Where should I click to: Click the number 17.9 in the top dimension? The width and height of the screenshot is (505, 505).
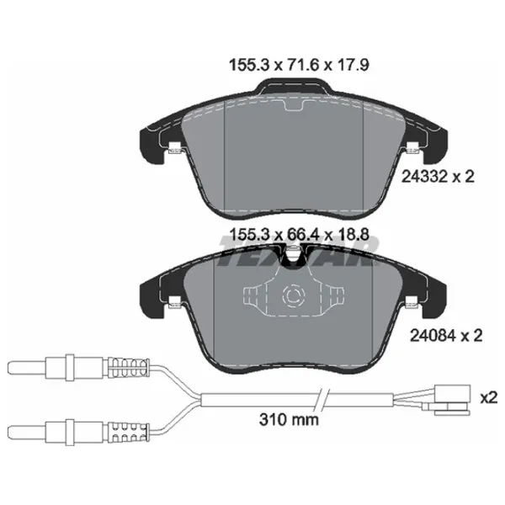click(353, 65)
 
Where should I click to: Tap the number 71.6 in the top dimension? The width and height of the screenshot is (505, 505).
click(302, 65)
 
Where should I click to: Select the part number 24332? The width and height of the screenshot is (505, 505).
click(425, 177)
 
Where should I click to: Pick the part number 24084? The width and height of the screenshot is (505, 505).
click(433, 336)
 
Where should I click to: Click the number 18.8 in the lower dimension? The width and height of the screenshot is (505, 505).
click(353, 235)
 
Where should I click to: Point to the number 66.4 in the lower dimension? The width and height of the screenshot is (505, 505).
click(302, 235)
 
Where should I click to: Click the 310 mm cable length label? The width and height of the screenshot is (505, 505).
click(289, 419)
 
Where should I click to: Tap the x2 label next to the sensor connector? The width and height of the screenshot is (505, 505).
click(488, 397)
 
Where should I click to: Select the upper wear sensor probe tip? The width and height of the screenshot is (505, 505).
click(27, 368)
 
